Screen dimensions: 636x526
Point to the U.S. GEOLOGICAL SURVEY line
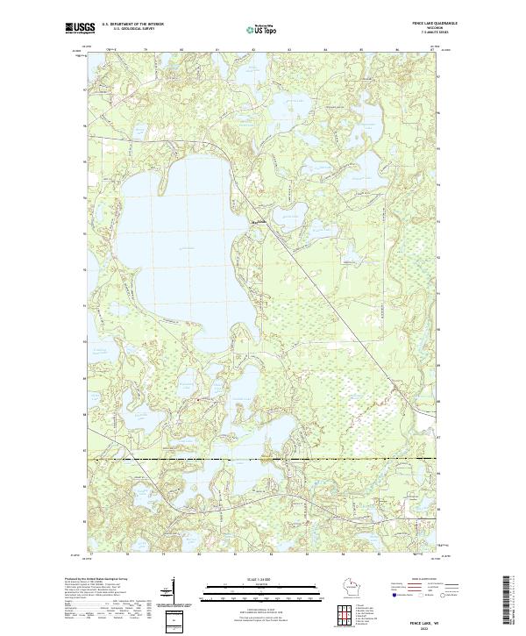point(126,31)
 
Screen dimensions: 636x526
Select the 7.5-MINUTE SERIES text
point(421,34)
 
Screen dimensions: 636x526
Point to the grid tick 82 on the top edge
point(252,50)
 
